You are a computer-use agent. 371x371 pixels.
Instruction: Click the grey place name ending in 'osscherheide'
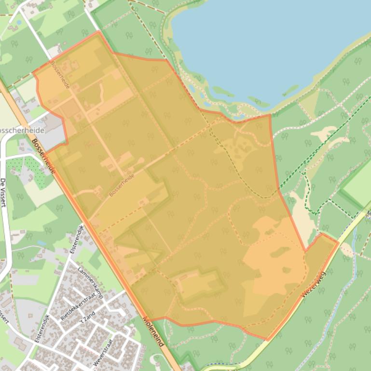point(21,131)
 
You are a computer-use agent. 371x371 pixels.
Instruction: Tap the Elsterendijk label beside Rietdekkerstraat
point(42,328)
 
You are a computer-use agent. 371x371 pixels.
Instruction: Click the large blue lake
point(270,43)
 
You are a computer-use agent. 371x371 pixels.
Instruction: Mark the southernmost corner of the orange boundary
point(267,340)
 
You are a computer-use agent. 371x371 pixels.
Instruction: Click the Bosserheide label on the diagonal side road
point(121,185)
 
